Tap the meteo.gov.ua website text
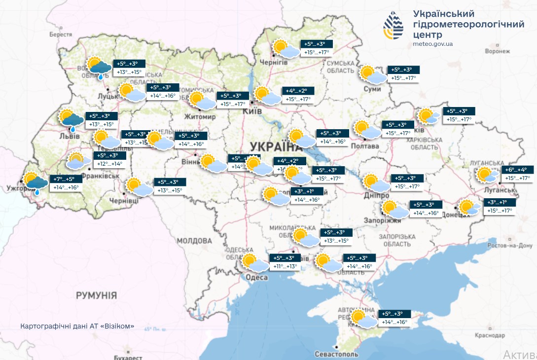click(x=433, y=44)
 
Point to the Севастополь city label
click(x=336, y=355)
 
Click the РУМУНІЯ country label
click(x=96, y=295)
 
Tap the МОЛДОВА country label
click(x=194, y=241)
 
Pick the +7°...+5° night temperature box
click(x=63, y=179)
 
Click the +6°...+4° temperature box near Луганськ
click(x=516, y=170)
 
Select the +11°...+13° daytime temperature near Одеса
click(x=285, y=267)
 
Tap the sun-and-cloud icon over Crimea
click(x=362, y=319)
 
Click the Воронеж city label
click(x=497, y=51)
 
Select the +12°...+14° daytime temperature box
click(x=109, y=164)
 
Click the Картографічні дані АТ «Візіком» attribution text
click(x=77, y=326)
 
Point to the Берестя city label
click(x=61, y=35)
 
